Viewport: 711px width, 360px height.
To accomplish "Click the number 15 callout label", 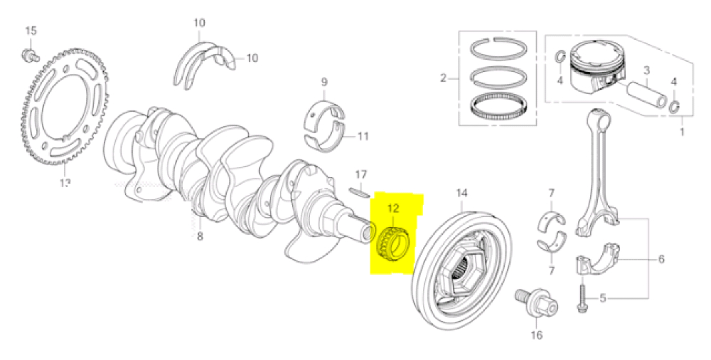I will pyautogui.click(x=30, y=31).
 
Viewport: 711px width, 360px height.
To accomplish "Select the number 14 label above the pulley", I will pyautogui.click(x=462, y=193).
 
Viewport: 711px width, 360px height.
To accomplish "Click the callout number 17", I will pyautogui.click(x=361, y=174).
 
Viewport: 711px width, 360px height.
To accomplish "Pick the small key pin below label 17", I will pyautogui.click(x=360, y=190).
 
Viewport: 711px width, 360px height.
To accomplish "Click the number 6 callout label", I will pyautogui.click(x=661, y=259).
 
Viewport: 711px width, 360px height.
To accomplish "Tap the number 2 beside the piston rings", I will pyautogui.click(x=443, y=78).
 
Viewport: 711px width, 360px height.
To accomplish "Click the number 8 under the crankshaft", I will pyautogui.click(x=200, y=236).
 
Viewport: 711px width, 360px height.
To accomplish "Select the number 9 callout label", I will pyautogui.click(x=324, y=83).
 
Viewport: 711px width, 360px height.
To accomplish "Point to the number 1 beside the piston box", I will pyautogui.click(x=683, y=132).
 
